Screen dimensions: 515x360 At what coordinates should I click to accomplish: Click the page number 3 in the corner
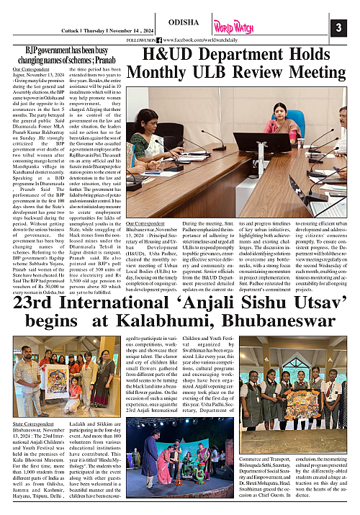337,28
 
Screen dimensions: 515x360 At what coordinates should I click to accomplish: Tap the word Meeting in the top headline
291,73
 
